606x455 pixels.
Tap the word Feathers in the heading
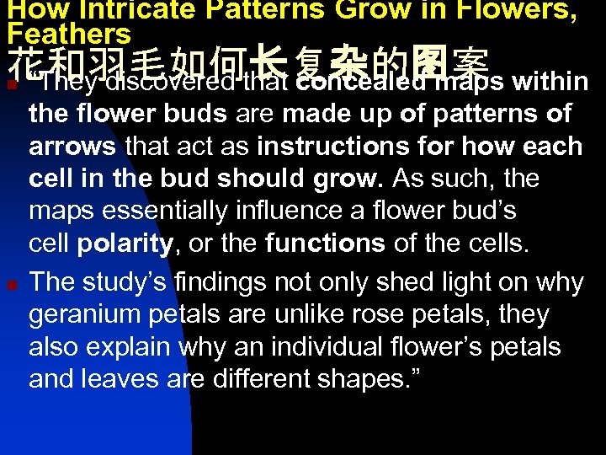click(69, 34)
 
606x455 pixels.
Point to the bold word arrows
click(72, 146)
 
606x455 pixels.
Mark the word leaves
click(124, 379)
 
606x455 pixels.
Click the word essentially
click(164, 211)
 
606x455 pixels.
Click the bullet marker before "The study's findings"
click(9, 284)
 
